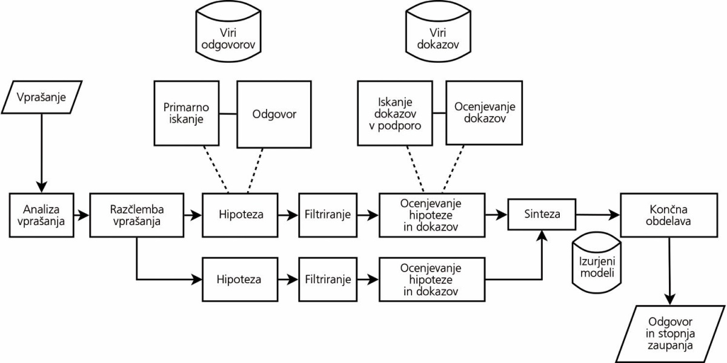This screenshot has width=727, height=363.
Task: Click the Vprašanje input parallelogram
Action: click(x=42, y=97)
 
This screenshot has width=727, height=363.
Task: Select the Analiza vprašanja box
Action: click(x=42, y=215)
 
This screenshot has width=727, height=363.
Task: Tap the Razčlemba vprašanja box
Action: click(x=137, y=215)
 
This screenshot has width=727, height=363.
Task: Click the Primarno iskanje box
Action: click(x=187, y=113)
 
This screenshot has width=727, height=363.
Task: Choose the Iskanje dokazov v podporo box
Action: click(x=395, y=113)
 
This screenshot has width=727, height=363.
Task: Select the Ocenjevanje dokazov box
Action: click(x=484, y=113)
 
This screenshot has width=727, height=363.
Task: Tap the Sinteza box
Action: click(x=542, y=214)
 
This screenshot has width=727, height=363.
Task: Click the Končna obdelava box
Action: click(x=669, y=215)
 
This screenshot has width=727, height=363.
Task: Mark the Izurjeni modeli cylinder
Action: click(x=597, y=263)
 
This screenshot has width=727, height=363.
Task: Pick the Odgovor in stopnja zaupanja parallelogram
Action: click(x=670, y=334)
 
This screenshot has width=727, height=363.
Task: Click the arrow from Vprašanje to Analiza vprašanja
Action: click(x=42, y=153)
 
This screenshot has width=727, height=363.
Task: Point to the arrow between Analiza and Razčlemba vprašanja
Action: click(x=82, y=215)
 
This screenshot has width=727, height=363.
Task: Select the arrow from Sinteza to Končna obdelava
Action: click(x=598, y=215)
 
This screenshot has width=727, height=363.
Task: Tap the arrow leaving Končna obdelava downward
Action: click(x=669, y=271)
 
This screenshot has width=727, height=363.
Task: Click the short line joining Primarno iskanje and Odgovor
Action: click(x=228, y=114)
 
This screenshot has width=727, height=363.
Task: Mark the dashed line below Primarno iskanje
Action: click(x=216, y=169)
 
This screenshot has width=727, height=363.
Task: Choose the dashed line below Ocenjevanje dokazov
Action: click(x=453, y=169)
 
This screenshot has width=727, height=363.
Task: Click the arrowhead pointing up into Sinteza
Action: click(x=542, y=236)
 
